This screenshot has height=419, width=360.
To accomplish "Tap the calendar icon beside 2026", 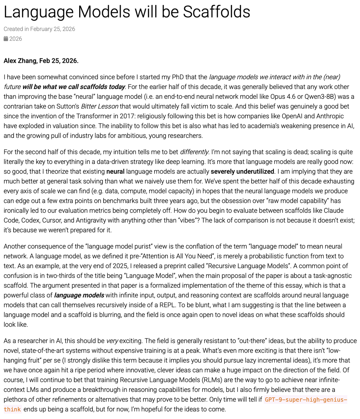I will point(6,39).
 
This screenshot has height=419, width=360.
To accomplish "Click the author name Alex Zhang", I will point(20,61).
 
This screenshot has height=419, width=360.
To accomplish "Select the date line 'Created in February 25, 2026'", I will point(39,29).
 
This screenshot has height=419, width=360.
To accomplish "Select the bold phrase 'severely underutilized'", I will point(242,171).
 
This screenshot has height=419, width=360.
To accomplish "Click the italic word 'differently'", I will point(194,152).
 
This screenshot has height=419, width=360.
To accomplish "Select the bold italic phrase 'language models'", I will point(79,295).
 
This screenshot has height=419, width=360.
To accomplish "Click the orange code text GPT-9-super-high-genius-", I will point(306,399).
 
